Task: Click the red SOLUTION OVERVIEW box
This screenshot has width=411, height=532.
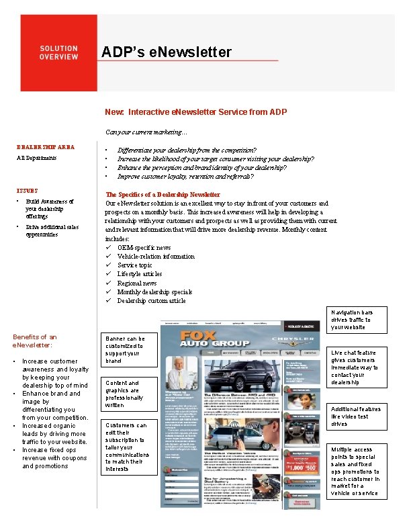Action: (x=58, y=53)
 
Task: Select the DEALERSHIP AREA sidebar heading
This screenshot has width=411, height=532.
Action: (x=46, y=147)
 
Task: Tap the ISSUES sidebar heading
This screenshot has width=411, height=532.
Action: (x=28, y=191)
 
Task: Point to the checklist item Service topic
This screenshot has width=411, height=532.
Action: (x=134, y=265)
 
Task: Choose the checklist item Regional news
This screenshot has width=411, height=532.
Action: (x=137, y=283)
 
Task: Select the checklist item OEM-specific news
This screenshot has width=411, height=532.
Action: (x=144, y=248)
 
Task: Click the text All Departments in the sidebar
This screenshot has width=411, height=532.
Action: (x=36, y=159)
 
